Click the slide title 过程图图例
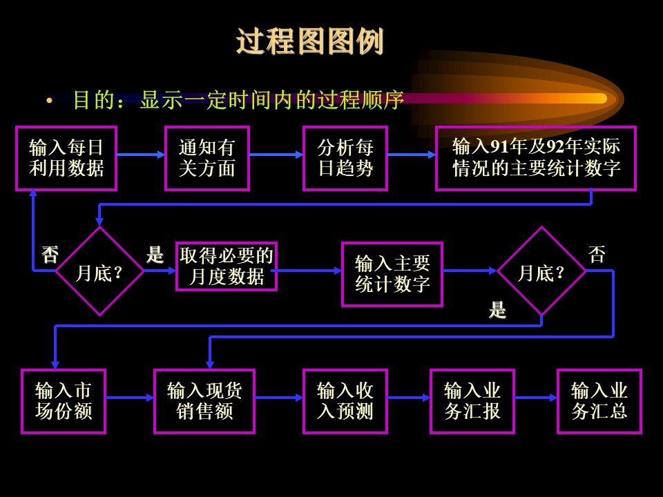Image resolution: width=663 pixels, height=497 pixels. pyautogui.click(x=310, y=41)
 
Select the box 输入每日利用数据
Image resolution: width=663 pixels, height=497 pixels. pyautogui.click(x=66, y=159)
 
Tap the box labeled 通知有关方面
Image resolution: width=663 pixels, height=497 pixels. pyautogui.click(x=207, y=159)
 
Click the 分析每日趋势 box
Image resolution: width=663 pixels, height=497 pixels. pyautogui.click(x=345, y=159)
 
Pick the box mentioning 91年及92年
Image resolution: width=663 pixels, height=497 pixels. pyautogui.click(x=536, y=159)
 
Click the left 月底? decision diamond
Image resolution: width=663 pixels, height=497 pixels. pyautogui.click(x=99, y=271)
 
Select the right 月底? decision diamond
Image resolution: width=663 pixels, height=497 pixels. pyautogui.click(x=541, y=271)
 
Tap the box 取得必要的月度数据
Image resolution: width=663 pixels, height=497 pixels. pyautogui.click(x=227, y=266)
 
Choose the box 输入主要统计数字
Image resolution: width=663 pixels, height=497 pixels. pyautogui.click(x=392, y=274)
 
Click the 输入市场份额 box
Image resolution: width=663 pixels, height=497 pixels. pyautogui.click(x=64, y=402)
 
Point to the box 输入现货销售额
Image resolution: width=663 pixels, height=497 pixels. pyautogui.click(x=204, y=402)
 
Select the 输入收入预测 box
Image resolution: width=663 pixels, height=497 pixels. pyautogui.click(x=345, y=402)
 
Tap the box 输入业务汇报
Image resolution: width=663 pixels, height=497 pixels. pyautogui.click(x=472, y=402)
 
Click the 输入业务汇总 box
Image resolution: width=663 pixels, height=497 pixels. pyautogui.click(x=599, y=402)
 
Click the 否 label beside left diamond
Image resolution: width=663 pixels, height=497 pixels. pyautogui.click(x=50, y=255)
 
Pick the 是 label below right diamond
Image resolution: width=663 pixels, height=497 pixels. pyautogui.click(x=498, y=310)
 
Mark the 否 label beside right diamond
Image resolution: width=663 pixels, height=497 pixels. pyautogui.click(x=597, y=255)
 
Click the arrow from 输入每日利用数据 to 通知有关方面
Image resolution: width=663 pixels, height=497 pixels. pyautogui.click(x=141, y=155)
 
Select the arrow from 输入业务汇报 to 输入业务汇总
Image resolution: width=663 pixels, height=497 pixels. pyautogui.click(x=536, y=398)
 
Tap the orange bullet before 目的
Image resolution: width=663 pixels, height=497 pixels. pyautogui.click(x=50, y=101)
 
